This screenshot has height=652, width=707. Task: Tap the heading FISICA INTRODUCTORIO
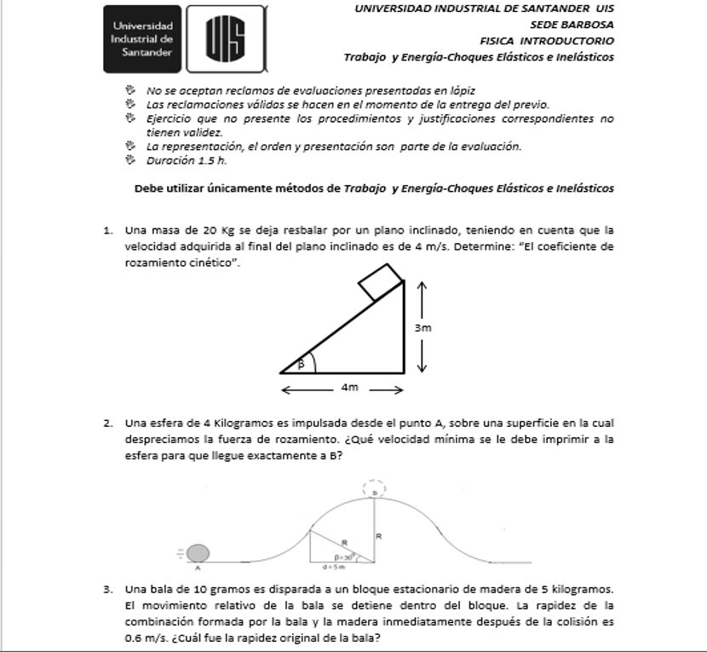pyautogui.click(x=546, y=41)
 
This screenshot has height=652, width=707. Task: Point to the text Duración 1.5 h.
pyautogui.click(x=186, y=159)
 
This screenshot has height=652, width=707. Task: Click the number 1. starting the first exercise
pyautogui.click(x=108, y=230)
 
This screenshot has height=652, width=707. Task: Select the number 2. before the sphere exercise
pyautogui.click(x=108, y=423)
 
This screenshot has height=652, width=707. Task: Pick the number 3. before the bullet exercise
pyautogui.click(x=108, y=589)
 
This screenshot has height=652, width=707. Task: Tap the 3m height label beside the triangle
pyautogui.click(x=422, y=327)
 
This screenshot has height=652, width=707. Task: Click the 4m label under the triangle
pyautogui.click(x=349, y=388)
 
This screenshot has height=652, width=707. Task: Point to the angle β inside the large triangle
pyautogui.click(x=299, y=364)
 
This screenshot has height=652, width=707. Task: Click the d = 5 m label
pyautogui.click(x=333, y=566)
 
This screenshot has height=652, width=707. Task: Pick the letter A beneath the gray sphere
pyautogui.click(x=198, y=567)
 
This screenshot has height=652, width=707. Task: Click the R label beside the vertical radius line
pyautogui.click(x=379, y=536)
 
